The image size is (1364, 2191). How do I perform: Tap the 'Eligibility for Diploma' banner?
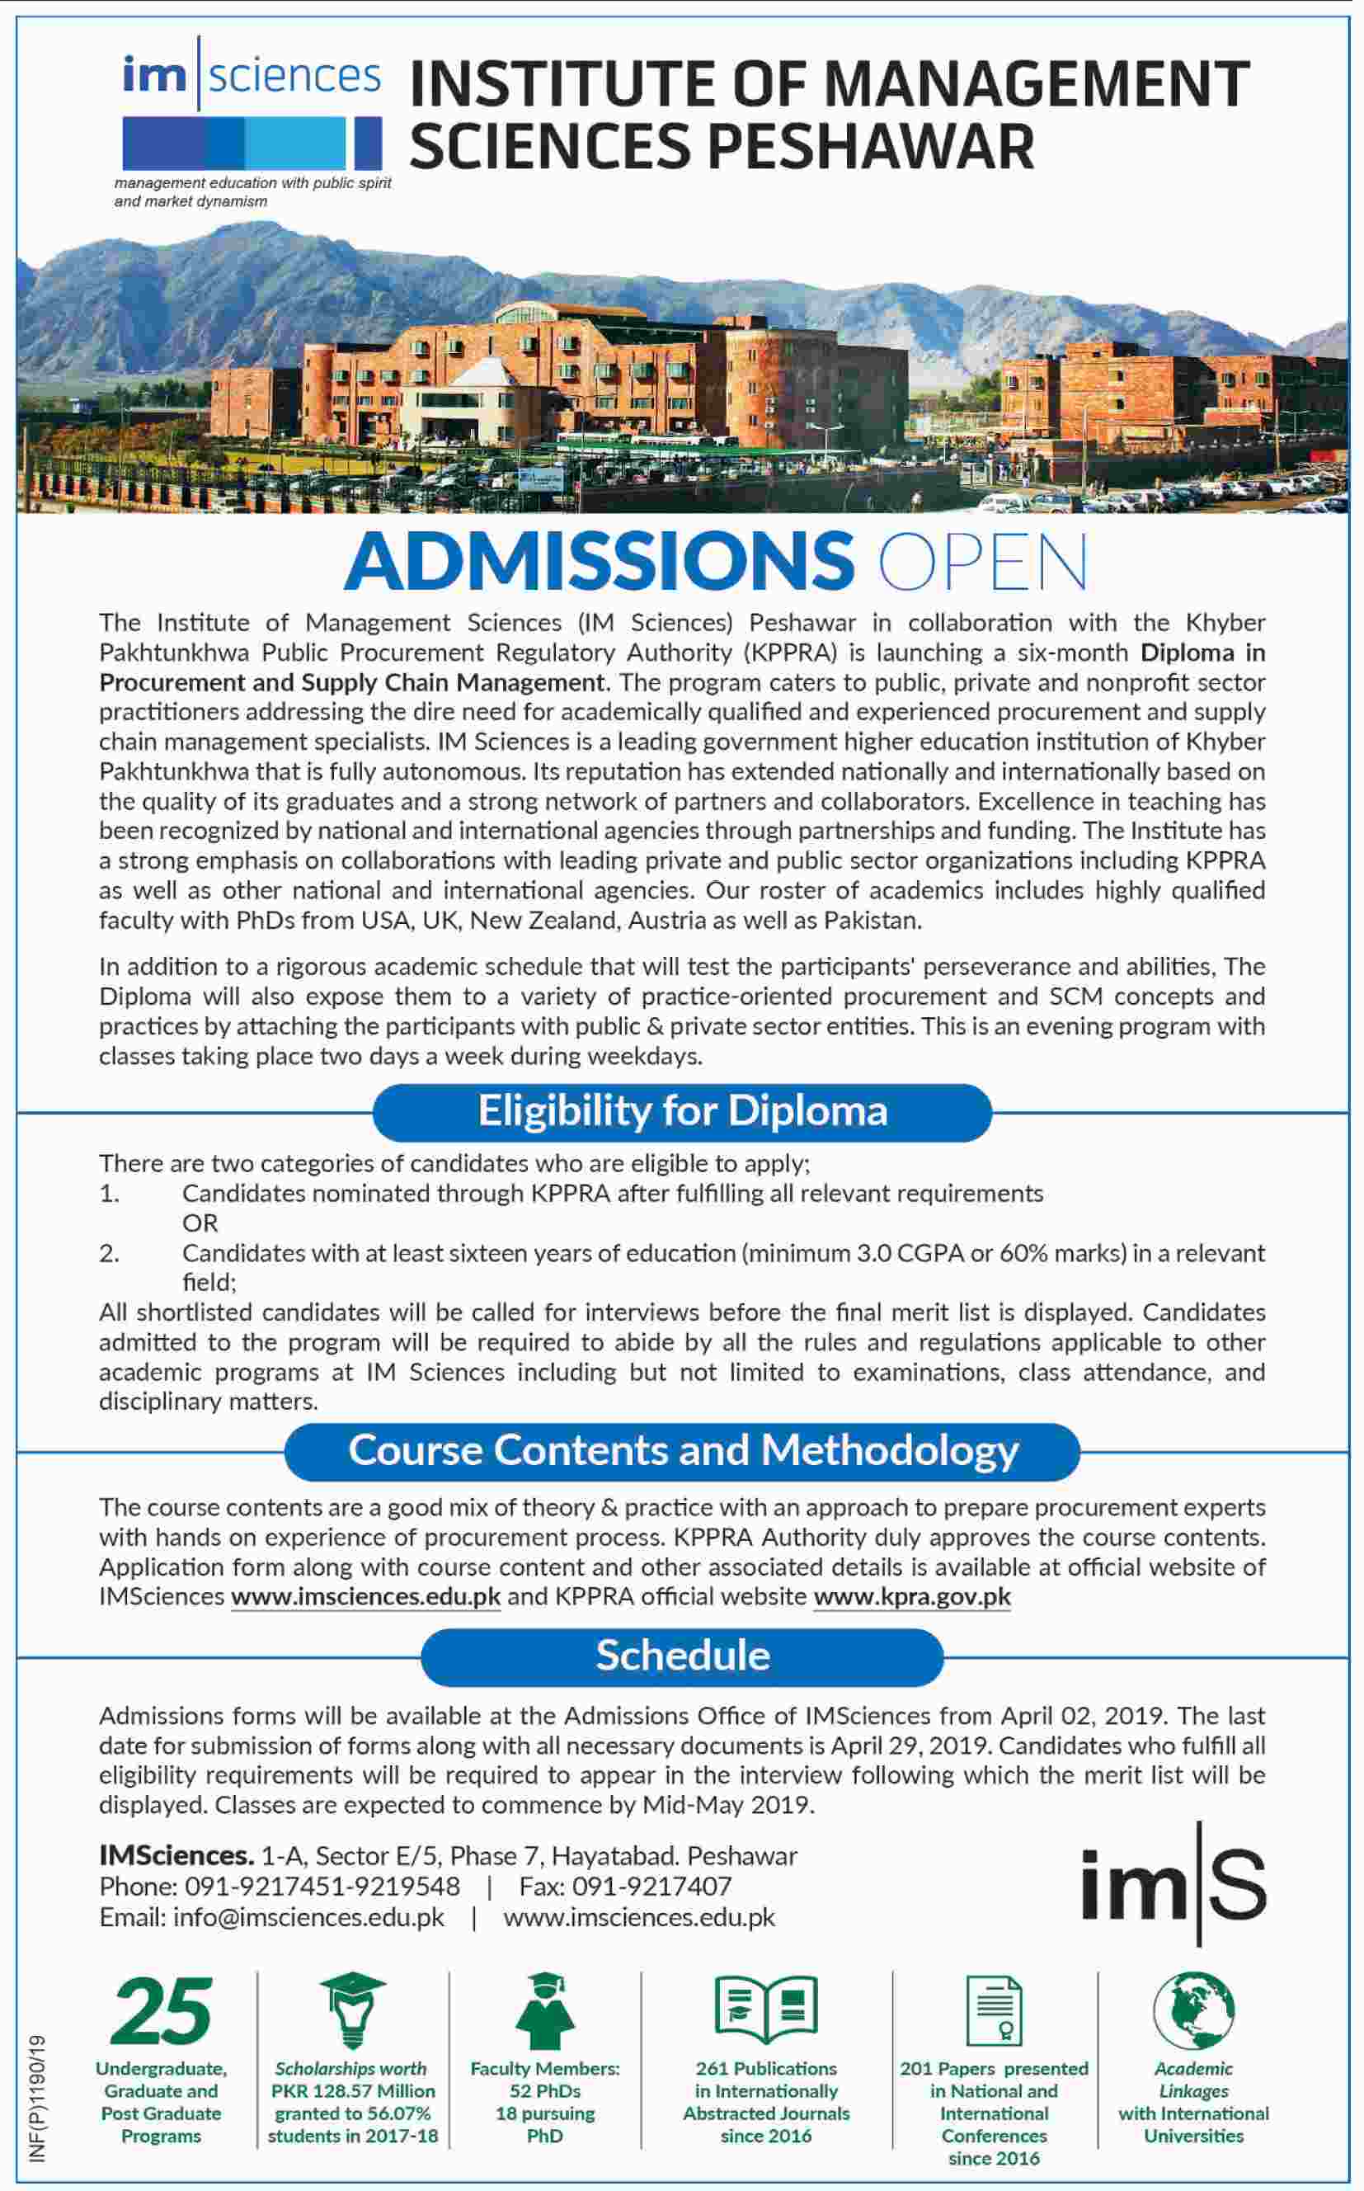click(682, 1111)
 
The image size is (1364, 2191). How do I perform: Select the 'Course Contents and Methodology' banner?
click(682, 1450)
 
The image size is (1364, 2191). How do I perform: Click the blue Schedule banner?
click(682, 1655)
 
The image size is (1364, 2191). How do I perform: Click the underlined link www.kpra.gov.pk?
click(912, 1597)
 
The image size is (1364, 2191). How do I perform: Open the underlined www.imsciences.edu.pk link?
click(365, 1597)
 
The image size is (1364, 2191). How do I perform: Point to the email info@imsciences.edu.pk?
click(308, 1918)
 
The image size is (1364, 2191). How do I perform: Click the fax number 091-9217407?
click(651, 1887)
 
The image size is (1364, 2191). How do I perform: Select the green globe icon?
click(1193, 2010)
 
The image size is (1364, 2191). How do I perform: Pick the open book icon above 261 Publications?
click(766, 2010)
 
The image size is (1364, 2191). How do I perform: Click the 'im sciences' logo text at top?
click(252, 76)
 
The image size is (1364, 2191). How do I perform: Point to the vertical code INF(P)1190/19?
click(38, 2097)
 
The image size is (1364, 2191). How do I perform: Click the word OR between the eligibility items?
click(200, 1223)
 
